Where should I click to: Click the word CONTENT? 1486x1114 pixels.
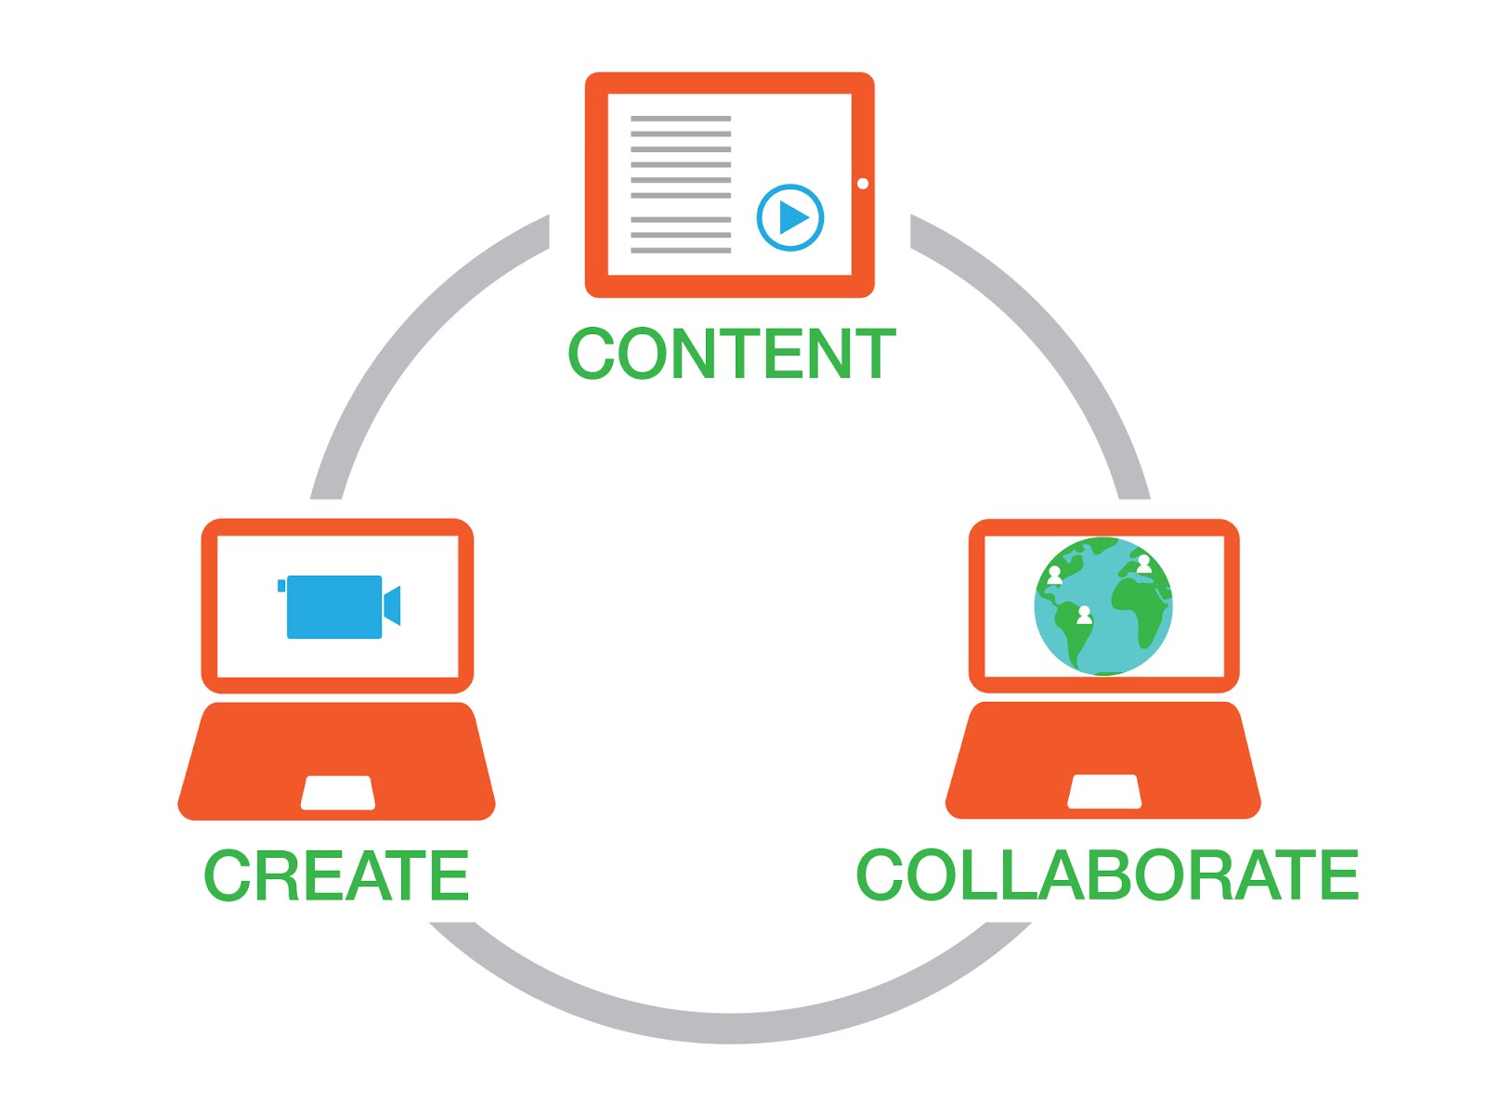tap(731, 354)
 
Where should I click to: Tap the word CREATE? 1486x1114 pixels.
tap(336, 875)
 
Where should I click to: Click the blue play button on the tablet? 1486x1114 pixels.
tap(790, 218)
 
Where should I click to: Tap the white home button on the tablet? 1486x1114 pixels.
tap(863, 184)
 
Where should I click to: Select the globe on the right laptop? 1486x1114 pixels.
tap(1103, 606)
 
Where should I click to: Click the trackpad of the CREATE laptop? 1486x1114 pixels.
tap(338, 793)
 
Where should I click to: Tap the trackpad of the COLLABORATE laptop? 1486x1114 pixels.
tap(1104, 792)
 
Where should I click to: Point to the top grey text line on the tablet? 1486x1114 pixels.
tap(681, 119)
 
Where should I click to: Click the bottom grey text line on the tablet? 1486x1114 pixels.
tap(681, 250)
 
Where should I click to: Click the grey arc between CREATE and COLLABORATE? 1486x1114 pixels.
tap(730, 1026)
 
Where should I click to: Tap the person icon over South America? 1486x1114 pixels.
tap(1084, 615)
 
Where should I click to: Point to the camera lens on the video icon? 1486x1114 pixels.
tap(392, 605)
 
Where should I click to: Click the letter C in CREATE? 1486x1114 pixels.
tap(226, 875)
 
